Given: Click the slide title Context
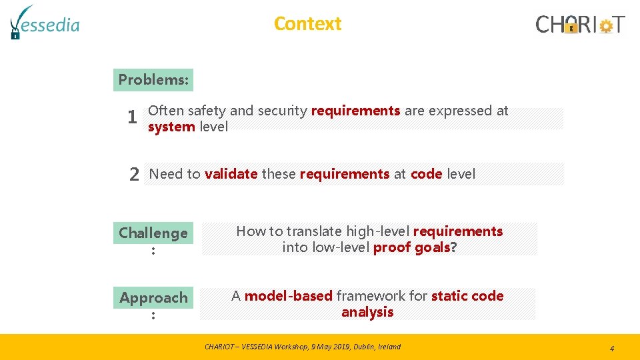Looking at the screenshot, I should pos(307,23).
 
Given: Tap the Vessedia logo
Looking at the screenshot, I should pos(45,23).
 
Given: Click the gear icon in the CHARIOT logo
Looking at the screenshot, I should pos(605,26).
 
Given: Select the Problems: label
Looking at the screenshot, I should pos(153,79).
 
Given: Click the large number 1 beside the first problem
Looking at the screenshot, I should pos(133,118).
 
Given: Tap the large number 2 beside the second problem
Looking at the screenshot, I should pos(134,175).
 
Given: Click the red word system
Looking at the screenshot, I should pos(171,127).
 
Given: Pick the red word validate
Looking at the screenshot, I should pos(231,174).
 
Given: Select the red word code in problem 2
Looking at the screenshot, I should pos(426,174).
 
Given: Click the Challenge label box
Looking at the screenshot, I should pos(153,233).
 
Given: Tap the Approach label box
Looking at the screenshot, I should pos(153,297).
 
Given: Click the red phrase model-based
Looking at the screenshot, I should pos(288,296).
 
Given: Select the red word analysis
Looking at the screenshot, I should pos(367,312).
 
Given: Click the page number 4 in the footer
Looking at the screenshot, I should pos(611,348).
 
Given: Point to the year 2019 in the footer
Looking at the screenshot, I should pos(336,347).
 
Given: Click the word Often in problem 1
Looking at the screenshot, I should pos(166,111).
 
